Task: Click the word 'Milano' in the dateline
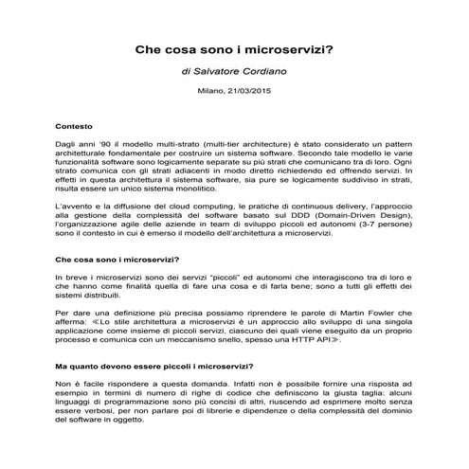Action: (211, 92)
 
